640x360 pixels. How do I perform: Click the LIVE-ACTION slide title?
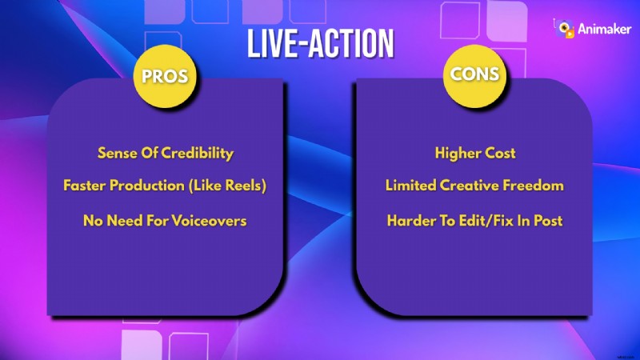coord(319,45)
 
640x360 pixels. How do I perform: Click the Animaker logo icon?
coord(566,29)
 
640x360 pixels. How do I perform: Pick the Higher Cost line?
coord(474,152)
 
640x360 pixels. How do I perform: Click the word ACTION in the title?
coord(351,45)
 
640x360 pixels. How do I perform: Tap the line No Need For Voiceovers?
coord(165,220)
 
